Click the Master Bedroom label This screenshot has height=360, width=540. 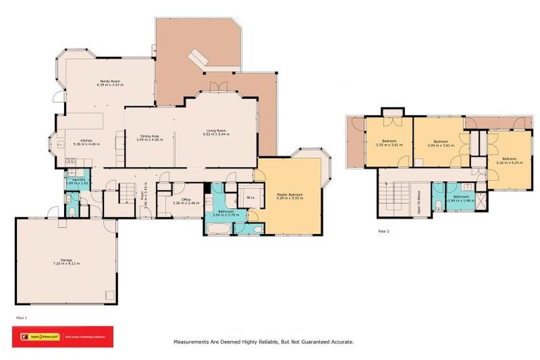point(290,195)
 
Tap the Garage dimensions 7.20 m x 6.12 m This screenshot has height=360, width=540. point(66,264)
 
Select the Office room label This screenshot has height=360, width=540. point(186,200)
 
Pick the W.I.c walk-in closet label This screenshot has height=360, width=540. point(249,198)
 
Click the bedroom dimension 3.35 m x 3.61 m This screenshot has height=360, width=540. point(389,145)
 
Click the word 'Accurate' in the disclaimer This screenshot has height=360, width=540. point(340,342)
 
